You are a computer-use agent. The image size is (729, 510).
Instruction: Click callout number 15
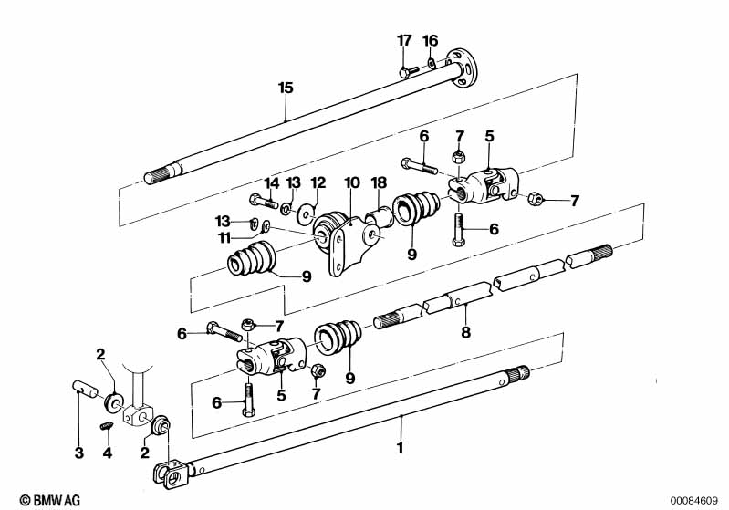tap(286, 88)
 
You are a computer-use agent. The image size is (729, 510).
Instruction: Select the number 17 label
tap(404, 40)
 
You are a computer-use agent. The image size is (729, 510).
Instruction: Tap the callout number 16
tap(431, 40)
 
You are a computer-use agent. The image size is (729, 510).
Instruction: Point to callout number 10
tap(352, 183)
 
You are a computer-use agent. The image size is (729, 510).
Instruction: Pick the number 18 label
tap(380, 183)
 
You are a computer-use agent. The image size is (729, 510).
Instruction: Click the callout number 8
tap(465, 333)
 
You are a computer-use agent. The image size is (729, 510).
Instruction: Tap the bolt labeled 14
tap(258, 200)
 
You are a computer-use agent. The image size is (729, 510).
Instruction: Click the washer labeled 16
tap(432, 63)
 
